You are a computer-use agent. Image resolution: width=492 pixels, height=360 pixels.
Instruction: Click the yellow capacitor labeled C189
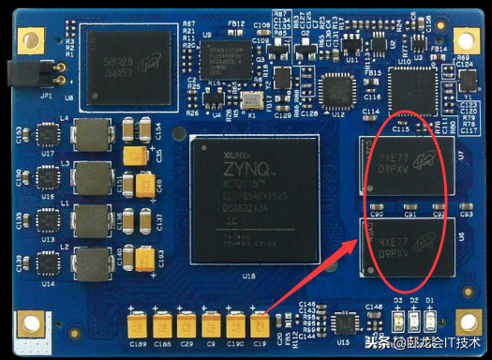click(138, 326)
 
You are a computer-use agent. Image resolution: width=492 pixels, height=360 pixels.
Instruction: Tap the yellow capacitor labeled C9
click(212, 326)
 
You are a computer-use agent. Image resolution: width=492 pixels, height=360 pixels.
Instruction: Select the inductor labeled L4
click(93, 132)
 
